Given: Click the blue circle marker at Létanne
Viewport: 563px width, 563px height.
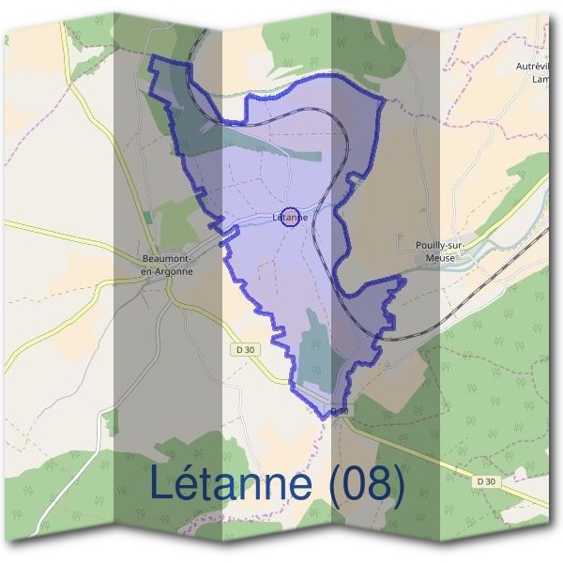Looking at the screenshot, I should [290, 217].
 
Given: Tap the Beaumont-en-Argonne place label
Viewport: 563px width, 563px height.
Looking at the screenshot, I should [165, 264].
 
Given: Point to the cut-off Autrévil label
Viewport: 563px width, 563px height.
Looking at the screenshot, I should [538, 68].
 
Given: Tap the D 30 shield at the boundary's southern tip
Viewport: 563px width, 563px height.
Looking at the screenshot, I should [339, 411].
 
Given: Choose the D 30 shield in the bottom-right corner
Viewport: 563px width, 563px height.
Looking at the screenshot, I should [485, 481].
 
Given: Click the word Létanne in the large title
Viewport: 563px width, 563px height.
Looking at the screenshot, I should [231, 482].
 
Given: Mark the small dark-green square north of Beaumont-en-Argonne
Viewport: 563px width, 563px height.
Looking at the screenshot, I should [148, 219].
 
